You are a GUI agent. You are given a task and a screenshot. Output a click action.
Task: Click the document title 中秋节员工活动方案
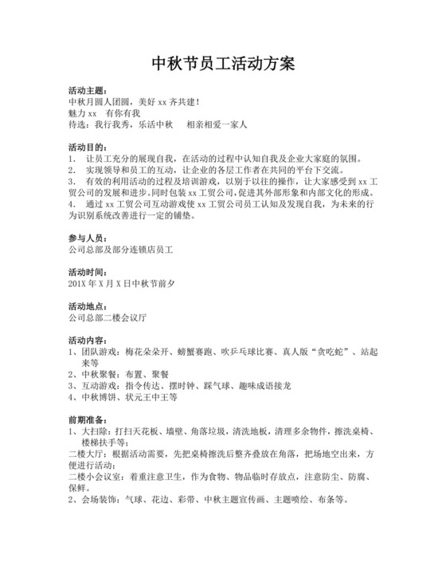click(x=223, y=64)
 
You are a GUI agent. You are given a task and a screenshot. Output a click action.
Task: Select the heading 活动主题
click(x=88, y=92)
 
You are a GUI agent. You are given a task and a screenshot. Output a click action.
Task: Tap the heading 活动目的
click(x=88, y=147)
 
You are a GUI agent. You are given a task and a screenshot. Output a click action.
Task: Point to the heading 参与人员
click(x=88, y=238)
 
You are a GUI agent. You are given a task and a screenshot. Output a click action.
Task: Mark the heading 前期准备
click(x=88, y=419)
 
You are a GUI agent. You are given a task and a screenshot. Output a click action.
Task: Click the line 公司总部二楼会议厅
click(x=108, y=317)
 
